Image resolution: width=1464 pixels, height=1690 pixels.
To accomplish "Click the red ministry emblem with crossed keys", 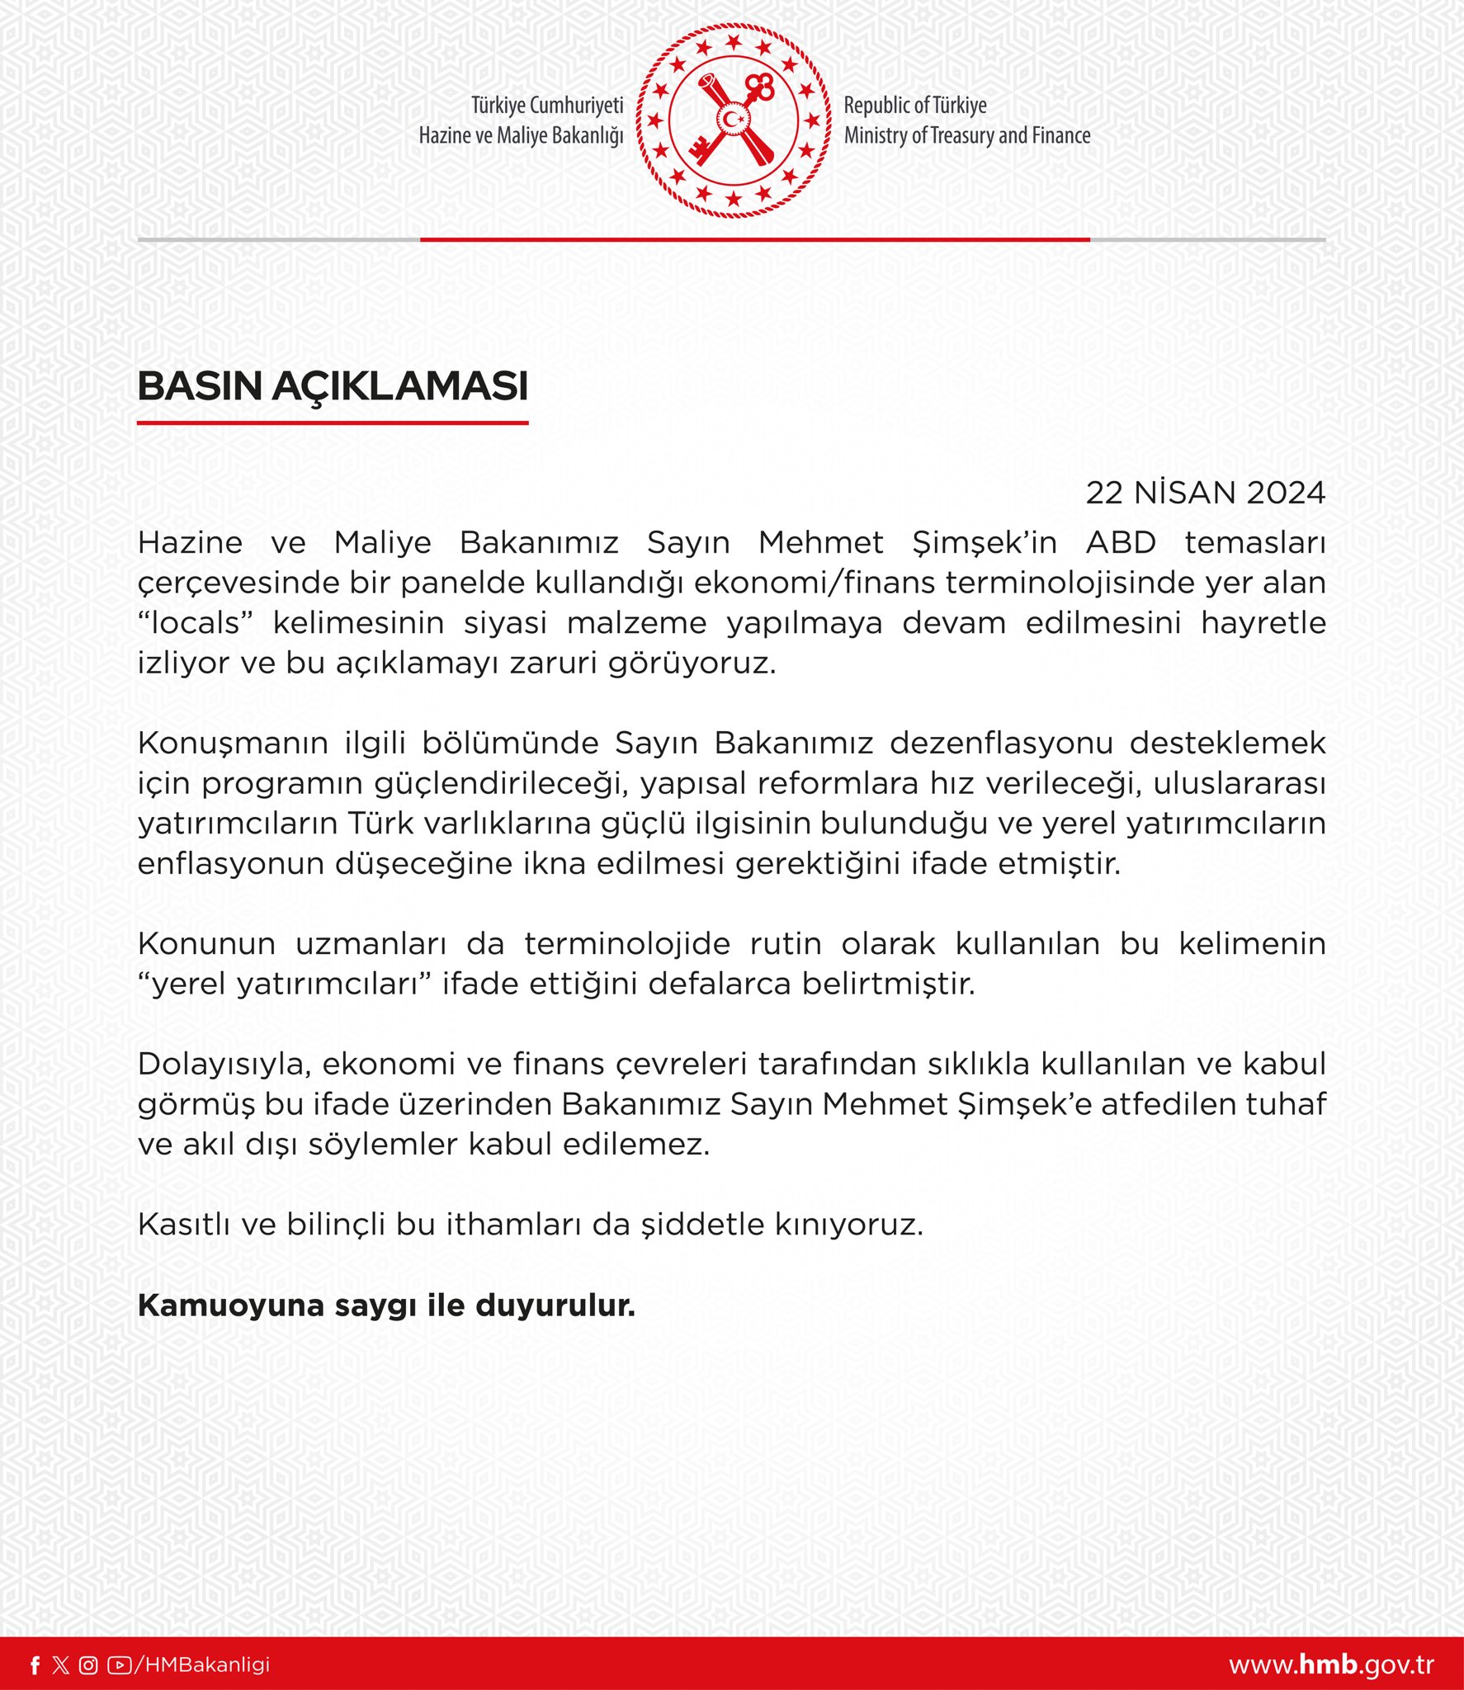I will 733,120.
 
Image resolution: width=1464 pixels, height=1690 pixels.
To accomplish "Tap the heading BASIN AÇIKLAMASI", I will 333,386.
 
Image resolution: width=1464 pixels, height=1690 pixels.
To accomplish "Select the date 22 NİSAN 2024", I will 1205,493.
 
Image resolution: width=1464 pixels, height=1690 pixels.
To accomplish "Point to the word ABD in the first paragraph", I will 1121,543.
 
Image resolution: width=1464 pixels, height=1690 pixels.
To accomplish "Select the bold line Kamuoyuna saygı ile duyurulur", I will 386,1305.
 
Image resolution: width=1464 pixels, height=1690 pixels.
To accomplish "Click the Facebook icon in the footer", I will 35,1665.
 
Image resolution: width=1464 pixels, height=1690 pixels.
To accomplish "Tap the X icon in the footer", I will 60,1665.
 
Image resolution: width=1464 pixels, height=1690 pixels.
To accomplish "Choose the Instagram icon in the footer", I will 88,1665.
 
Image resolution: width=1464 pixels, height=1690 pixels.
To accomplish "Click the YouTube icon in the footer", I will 119,1665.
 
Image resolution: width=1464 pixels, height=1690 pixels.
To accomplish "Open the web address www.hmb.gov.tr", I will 1330,1665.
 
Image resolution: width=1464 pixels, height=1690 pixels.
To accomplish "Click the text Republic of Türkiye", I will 914,106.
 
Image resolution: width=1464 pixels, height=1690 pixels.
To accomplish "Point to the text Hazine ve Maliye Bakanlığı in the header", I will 521,135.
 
